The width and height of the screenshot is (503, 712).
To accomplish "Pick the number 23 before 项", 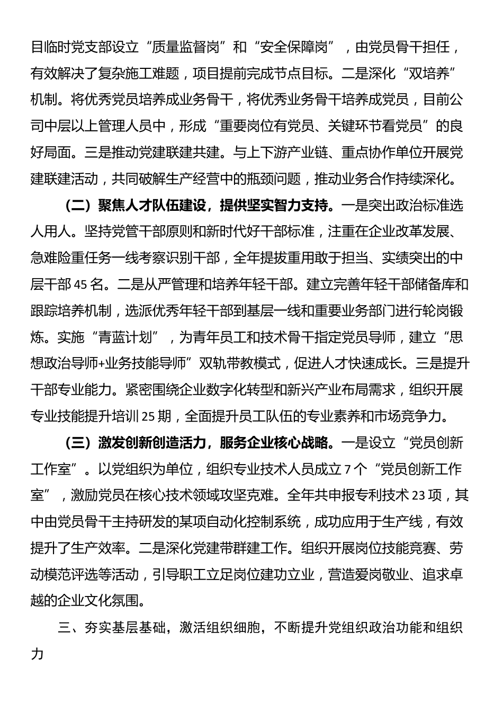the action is tap(418, 495).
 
